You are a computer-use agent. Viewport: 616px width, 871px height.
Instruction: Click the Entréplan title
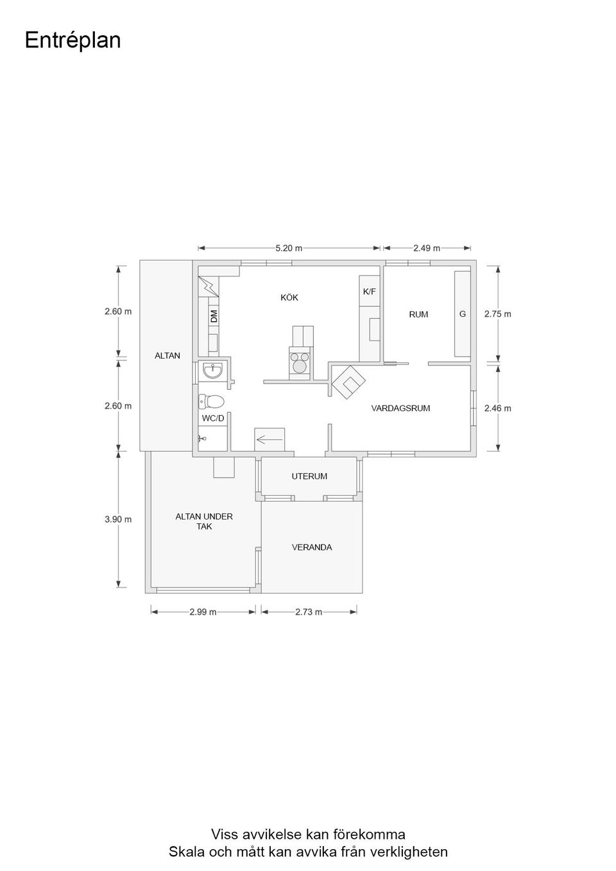click(73, 40)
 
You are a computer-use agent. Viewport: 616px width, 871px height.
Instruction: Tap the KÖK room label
click(289, 298)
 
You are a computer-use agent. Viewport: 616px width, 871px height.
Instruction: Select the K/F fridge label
click(369, 291)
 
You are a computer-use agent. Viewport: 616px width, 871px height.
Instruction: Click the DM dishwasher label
click(214, 316)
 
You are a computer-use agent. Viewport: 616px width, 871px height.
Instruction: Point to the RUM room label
click(418, 314)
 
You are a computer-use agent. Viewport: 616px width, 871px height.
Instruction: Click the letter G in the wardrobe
click(463, 314)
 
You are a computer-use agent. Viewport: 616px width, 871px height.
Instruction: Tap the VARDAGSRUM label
click(400, 409)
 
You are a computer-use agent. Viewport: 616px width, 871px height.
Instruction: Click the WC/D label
click(213, 418)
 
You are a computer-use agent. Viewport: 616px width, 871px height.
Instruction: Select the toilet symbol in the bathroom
click(211, 402)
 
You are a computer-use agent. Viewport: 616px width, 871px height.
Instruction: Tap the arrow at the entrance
click(269, 440)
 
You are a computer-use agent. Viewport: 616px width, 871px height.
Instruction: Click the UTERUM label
click(309, 476)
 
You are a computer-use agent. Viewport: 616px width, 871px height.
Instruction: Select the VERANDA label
click(312, 547)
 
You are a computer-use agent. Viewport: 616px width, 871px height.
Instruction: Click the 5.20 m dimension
click(289, 248)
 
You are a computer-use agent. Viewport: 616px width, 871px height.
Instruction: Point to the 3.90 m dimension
click(118, 519)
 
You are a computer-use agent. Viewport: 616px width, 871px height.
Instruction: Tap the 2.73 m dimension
click(309, 612)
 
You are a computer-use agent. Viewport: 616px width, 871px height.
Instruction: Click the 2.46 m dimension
click(498, 409)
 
